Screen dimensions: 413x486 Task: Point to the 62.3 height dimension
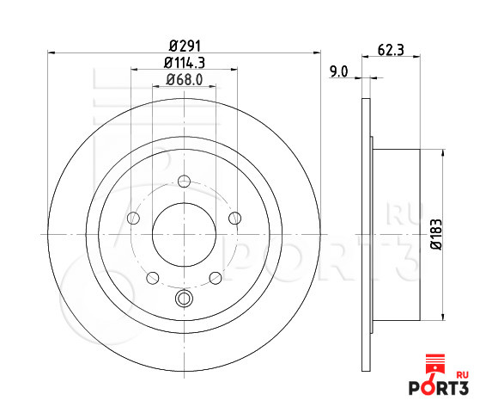click(x=391, y=49)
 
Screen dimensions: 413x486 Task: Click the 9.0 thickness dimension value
click(x=338, y=72)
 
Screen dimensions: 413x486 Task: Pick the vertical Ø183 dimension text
click(x=435, y=233)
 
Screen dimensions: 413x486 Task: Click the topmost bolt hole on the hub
click(x=183, y=182)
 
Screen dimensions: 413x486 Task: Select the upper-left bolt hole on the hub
click(x=132, y=218)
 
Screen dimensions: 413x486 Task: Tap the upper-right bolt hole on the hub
click(x=234, y=218)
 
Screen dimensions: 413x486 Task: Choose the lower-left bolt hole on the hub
click(x=152, y=277)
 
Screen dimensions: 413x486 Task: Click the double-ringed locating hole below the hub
click(x=183, y=299)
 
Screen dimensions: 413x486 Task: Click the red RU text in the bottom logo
click(x=463, y=375)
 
